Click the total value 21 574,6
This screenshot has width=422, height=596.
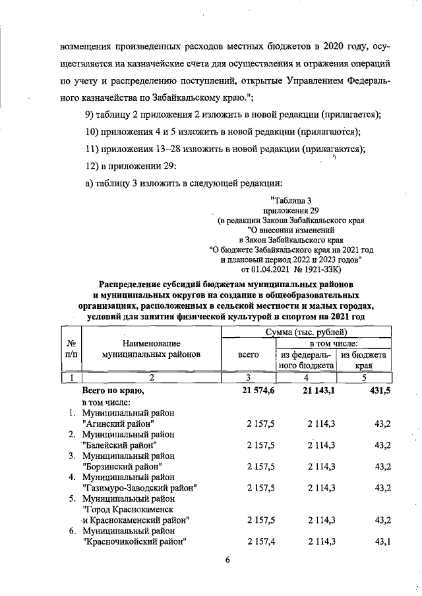pos(256,391)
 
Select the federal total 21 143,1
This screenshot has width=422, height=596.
pos(315,391)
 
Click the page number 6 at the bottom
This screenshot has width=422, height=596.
pos(227,560)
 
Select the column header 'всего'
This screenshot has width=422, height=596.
pos(247,354)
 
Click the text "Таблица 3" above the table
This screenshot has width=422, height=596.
pos(290,200)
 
